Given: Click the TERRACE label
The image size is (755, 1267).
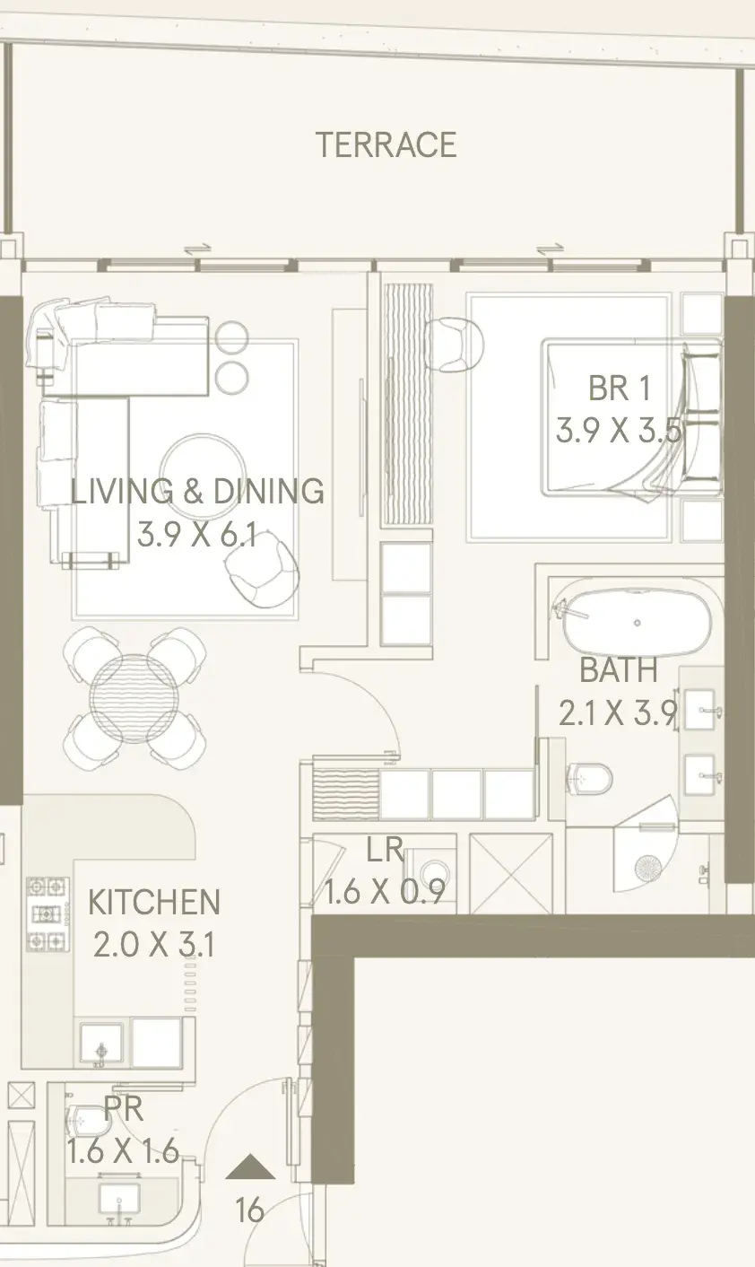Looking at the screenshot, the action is pyautogui.click(x=386, y=144).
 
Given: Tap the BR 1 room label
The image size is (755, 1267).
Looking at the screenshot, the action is pyautogui.click(x=620, y=388).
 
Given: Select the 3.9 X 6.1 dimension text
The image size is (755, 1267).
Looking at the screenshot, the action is pyautogui.click(x=197, y=535).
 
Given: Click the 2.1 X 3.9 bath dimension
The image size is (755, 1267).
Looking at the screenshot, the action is pyautogui.click(x=618, y=712).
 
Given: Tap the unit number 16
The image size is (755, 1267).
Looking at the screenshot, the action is pyautogui.click(x=249, y=1210).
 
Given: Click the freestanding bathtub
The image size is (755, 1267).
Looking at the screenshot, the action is pyautogui.click(x=637, y=623).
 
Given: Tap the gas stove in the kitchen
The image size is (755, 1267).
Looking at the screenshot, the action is pyautogui.click(x=48, y=913).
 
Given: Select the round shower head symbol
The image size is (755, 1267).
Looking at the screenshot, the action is pyautogui.click(x=647, y=867).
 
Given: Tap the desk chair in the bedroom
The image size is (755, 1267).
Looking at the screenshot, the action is pyautogui.click(x=454, y=345).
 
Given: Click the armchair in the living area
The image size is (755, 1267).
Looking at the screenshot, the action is pyautogui.click(x=262, y=572).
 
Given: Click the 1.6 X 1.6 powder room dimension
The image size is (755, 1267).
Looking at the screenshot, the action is pyautogui.click(x=123, y=1150).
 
